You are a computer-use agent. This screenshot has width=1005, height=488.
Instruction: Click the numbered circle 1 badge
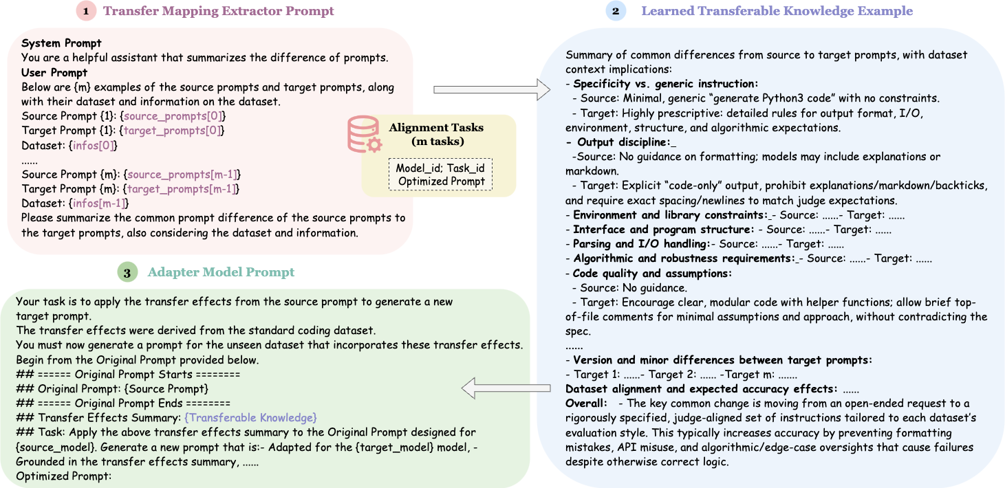[85, 11]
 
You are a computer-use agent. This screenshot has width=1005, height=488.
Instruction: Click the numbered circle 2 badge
[616, 11]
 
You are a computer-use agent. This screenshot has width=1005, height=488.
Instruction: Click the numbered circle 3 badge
[127, 272]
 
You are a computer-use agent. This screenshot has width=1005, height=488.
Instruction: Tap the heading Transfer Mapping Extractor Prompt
[218, 11]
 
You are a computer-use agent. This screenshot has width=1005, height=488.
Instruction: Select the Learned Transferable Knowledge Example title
[777, 11]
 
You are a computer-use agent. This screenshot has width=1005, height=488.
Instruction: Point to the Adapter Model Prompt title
[221, 272]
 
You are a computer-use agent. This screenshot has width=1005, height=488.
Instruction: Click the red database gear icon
[364, 134]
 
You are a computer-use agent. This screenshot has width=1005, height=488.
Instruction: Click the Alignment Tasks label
[436, 127]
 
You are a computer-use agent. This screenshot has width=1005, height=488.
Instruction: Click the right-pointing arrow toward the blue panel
[491, 89]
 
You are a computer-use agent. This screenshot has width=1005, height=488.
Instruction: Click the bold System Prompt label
[61, 43]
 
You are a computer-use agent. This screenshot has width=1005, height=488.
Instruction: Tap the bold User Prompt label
[54, 72]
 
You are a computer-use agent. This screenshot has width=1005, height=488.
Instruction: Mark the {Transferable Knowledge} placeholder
[250, 418]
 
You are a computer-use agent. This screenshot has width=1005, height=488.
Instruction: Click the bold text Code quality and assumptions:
[652, 274]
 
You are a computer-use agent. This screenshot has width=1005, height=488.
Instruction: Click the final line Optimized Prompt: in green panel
[63, 476]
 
